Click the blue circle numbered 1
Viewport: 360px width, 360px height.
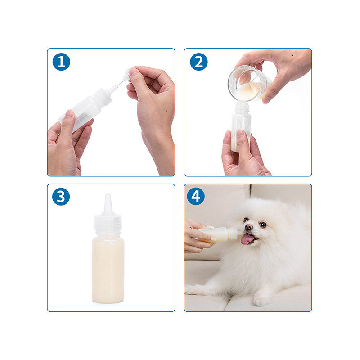click(61, 62)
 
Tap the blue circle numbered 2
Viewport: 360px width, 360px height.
click(199, 62)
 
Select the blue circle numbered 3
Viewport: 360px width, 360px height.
click(61, 197)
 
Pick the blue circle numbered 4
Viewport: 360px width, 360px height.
click(196, 197)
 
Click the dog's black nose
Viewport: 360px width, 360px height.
click(249, 227)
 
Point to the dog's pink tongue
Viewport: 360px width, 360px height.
click(247, 240)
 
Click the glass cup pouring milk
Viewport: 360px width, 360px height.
click(249, 84)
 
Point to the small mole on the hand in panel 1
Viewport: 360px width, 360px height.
click(166, 111)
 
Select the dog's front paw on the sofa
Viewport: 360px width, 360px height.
click(261, 301)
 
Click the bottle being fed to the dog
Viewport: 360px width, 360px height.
click(220, 234)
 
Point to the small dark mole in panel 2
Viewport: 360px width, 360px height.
click(293, 55)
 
